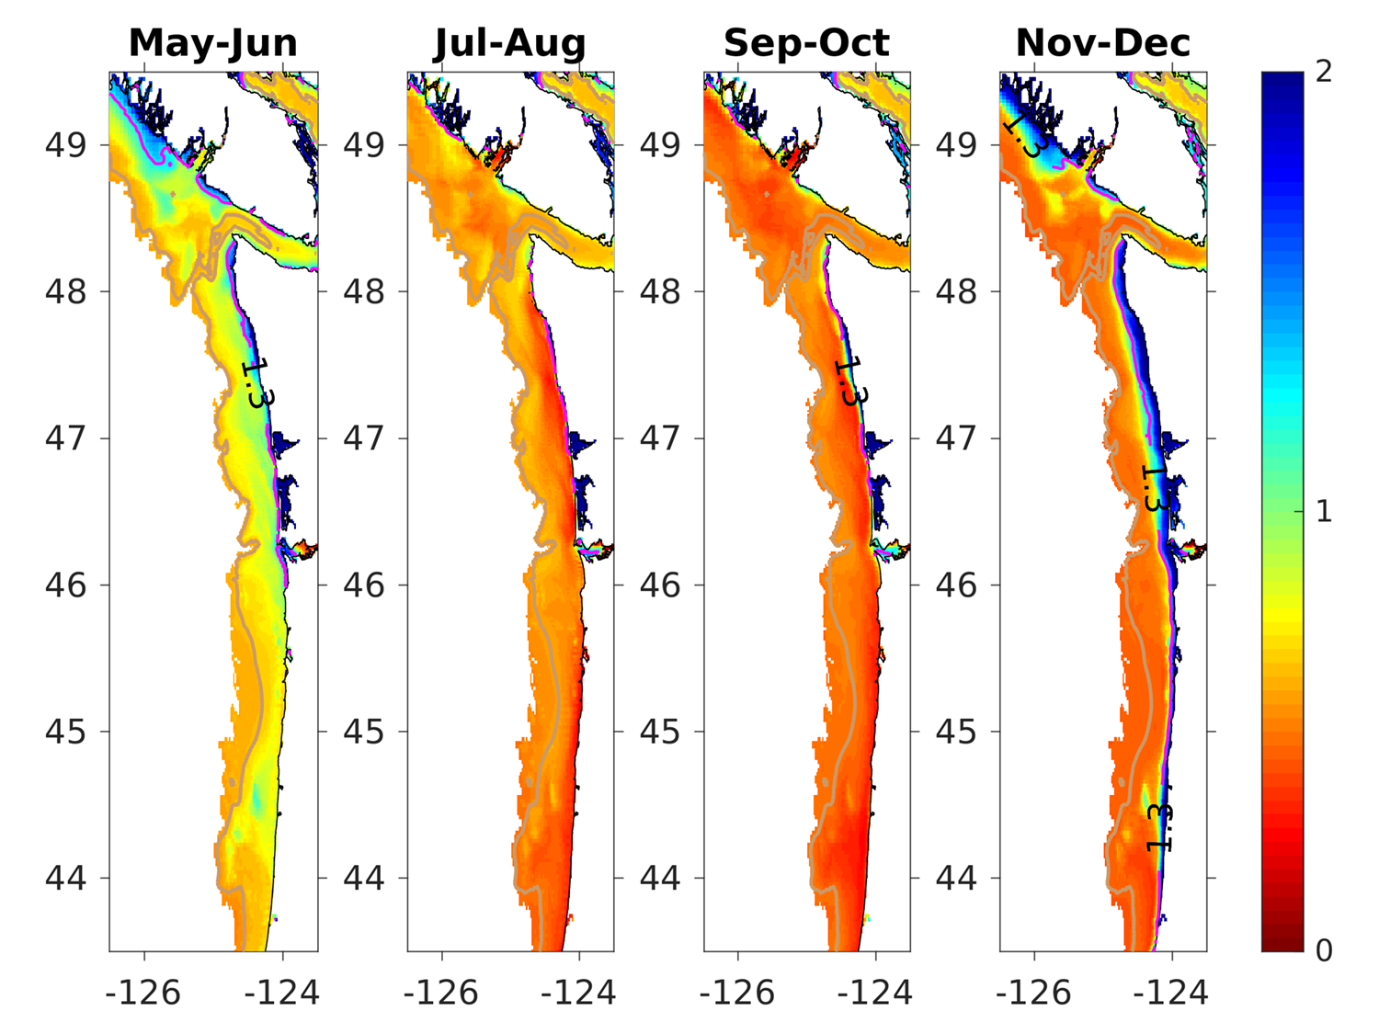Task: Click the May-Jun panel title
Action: [x=213, y=43]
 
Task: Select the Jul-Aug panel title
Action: [x=510, y=43]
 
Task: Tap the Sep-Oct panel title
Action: [x=806, y=43]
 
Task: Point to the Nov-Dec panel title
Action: [x=1102, y=43]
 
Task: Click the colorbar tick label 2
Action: [x=1324, y=72]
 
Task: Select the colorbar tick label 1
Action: [x=1324, y=511]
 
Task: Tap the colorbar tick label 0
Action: [x=1324, y=950]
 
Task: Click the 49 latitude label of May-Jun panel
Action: [x=65, y=145]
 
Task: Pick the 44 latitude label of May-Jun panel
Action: [x=65, y=878]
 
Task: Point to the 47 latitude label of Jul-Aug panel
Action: [x=363, y=438]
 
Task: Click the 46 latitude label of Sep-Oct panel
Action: [x=660, y=585]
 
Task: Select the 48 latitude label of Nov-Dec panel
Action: [x=956, y=292]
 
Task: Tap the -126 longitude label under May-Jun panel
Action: [x=143, y=993]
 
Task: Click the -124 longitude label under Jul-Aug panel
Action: [x=579, y=993]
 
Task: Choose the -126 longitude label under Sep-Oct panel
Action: [x=737, y=993]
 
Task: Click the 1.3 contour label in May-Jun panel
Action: [x=257, y=383]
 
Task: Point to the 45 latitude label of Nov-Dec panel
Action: [x=956, y=732]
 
